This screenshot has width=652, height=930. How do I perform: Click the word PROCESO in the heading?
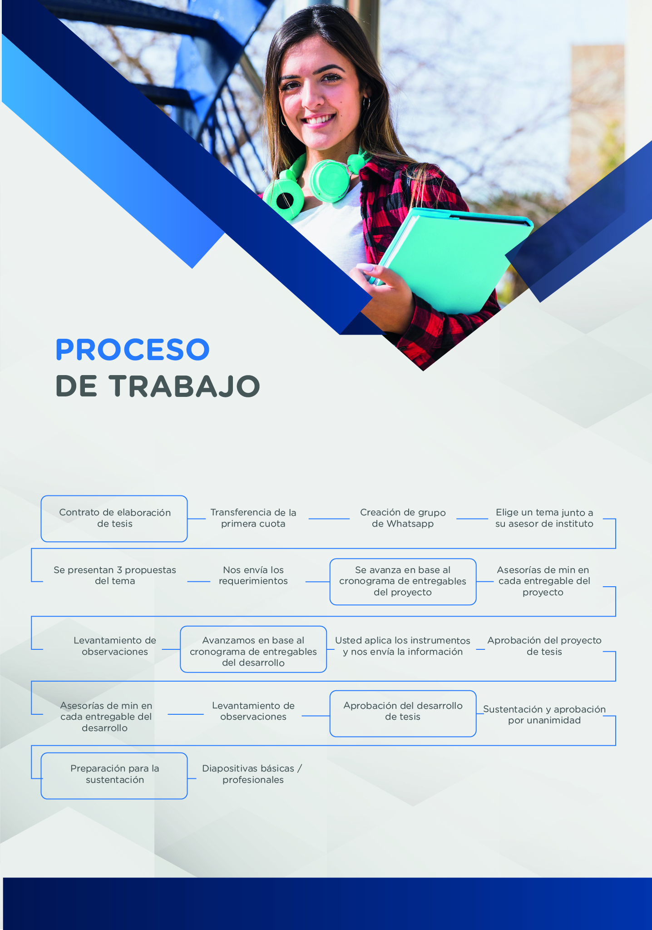tap(132, 349)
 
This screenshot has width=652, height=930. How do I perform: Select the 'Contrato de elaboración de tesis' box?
tap(114, 519)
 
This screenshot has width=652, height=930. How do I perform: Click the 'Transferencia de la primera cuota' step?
tap(253, 518)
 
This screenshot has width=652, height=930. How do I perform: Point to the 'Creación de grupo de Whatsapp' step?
tap(403, 518)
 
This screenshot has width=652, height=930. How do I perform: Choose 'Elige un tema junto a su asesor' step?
tap(544, 518)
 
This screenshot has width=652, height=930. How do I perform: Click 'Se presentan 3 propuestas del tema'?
tap(115, 575)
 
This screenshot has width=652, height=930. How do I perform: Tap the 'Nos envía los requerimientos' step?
tap(253, 575)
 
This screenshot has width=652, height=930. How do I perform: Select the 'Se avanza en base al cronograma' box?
tap(403, 582)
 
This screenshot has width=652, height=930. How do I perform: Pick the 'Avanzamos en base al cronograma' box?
tap(253, 649)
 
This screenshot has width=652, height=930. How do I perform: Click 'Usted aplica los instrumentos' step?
tap(403, 646)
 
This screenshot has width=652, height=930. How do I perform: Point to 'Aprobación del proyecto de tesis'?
tap(544, 646)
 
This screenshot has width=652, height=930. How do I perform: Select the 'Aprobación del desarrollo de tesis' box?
tap(403, 714)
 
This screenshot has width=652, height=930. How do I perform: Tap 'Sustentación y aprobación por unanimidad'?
tap(544, 715)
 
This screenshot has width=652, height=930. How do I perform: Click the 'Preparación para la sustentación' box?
tap(114, 776)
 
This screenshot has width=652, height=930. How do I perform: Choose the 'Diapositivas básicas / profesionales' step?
tap(252, 774)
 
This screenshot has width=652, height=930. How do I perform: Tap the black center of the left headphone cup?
tap(285, 200)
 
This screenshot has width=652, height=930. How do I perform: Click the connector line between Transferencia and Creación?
tap(329, 519)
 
